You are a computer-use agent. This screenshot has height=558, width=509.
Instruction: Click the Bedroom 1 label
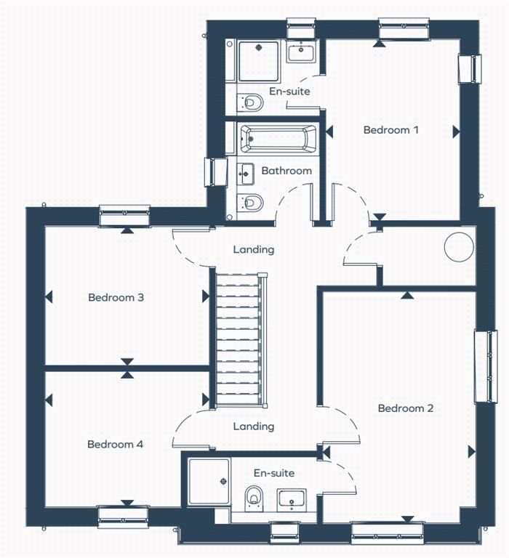tap(391, 130)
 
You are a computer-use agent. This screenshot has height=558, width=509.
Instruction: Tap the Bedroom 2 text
tap(406, 408)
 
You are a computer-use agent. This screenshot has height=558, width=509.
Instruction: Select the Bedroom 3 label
tap(116, 297)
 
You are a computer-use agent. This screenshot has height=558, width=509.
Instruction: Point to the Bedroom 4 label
tap(115, 444)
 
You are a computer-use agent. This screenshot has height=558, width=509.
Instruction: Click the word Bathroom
tap(286, 171)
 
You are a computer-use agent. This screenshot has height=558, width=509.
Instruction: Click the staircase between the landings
tap(238, 337)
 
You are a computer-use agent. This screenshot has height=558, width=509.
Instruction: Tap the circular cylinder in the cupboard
tap(457, 246)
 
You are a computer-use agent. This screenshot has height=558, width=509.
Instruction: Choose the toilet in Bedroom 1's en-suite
tap(251, 102)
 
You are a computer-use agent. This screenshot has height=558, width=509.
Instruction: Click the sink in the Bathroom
tap(247, 173)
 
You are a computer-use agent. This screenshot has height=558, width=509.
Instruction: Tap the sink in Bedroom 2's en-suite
tap(292, 500)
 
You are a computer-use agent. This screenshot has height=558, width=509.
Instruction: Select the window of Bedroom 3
tap(124, 216)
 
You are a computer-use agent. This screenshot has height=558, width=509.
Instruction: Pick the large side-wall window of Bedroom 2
tap(482, 367)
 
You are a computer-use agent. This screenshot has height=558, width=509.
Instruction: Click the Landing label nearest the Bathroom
tap(254, 249)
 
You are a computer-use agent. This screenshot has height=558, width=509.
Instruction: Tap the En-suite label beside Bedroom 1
tap(289, 92)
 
